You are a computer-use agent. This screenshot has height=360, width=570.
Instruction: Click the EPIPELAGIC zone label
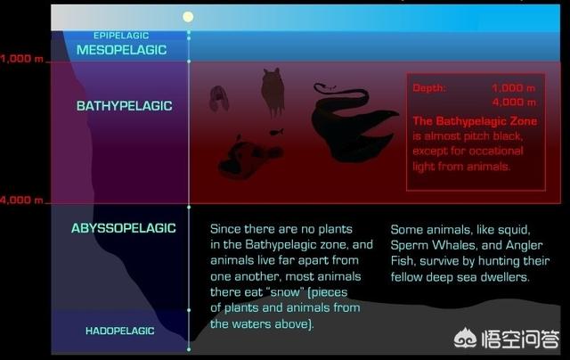coord(121,36)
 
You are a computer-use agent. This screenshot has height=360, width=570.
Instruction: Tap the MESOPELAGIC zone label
coord(121,50)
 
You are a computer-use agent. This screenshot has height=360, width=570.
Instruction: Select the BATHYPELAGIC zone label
coord(125,106)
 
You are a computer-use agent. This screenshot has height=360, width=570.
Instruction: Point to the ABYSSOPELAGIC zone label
coord(124,228)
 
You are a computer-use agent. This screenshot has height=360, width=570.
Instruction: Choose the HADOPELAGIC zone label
coord(120,331)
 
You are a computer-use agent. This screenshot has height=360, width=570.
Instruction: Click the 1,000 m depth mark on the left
coord(21,59)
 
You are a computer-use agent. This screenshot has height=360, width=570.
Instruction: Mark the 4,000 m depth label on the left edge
coord(21,200)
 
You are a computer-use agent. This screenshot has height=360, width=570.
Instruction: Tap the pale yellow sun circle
coord(188,17)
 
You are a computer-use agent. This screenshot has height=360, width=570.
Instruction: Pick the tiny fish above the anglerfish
coord(277,131)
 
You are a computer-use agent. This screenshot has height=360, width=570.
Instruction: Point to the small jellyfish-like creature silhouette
coord(219,98)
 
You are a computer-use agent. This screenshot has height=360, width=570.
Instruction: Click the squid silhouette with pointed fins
coord(273,91)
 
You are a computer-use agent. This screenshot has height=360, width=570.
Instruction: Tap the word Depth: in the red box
coord(429,88)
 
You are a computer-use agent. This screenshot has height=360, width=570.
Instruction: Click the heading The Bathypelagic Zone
coord(475,121)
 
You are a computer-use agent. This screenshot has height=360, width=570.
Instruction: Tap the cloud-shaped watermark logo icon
coord(465,339)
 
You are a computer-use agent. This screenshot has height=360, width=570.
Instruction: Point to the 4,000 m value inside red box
coord(514,102)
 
